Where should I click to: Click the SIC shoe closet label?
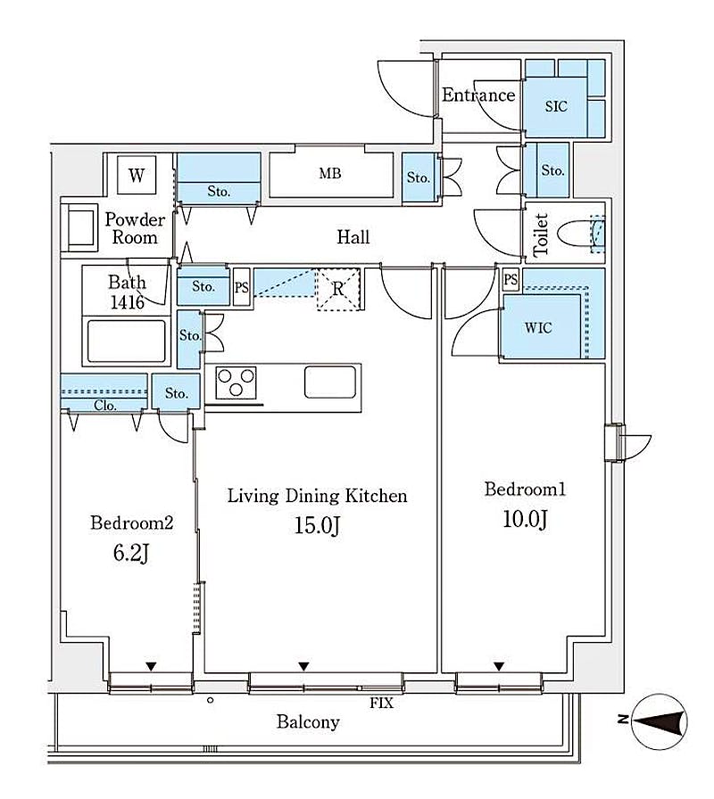556,106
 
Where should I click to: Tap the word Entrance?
478,95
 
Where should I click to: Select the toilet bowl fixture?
581,235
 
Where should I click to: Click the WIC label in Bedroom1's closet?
538,327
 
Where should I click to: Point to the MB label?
330,173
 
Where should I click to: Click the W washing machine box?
137,175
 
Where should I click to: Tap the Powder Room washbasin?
79,227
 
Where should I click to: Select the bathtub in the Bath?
127,342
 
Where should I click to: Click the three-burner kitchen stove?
236,383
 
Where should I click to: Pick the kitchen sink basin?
330,382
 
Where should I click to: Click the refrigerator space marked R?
338,289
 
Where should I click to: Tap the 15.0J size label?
317,525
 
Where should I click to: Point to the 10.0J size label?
526,519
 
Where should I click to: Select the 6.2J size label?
131,553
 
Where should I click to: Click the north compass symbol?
659,722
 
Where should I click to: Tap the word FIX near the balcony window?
381,704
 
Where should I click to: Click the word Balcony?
308,722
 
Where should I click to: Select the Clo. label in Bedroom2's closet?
105,406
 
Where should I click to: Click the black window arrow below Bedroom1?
499,666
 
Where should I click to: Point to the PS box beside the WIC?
511,279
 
